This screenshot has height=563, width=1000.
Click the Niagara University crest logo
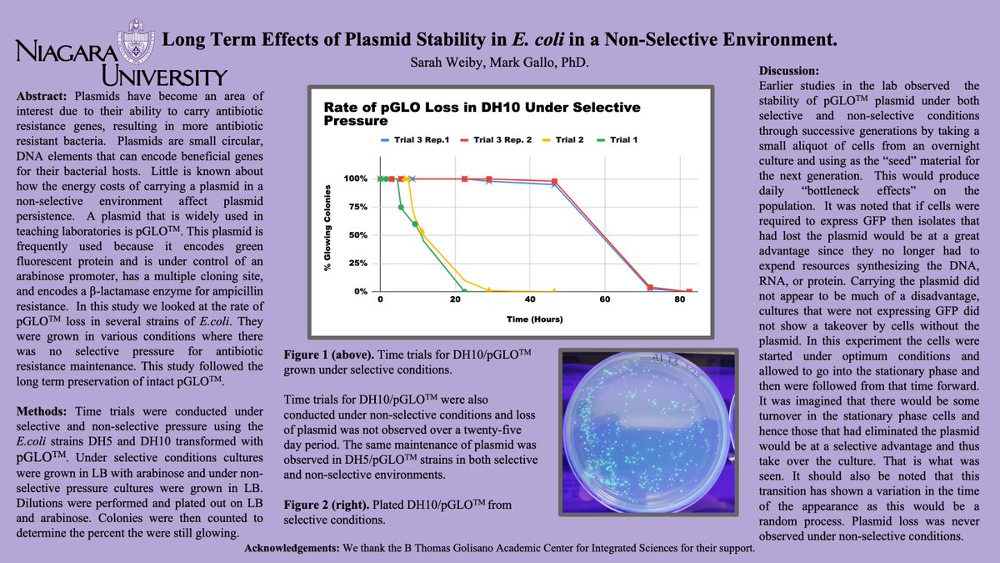[x=136, y=41]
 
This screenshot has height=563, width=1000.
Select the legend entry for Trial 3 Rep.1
[x=415, y=140]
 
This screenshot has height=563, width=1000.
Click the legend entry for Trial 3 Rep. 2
[x=496, y=140]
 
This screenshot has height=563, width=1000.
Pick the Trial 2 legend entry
[x=563, y=140]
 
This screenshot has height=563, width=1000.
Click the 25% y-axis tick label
[x=358, y=264]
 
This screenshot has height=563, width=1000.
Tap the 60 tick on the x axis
[x=605, y=299]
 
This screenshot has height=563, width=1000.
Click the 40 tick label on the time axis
[x=530, y=299]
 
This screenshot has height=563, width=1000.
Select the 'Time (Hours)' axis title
[x=534, y=319]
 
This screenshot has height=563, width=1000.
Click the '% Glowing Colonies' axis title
[x=327, y=228]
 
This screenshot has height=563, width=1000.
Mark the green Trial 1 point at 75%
[x=401, y=208]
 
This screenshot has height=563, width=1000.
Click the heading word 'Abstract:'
[x=42, y=97]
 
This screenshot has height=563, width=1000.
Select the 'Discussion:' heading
[x=789, y=71]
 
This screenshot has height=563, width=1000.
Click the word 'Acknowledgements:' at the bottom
[x=292, y=548]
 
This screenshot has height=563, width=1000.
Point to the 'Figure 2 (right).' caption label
[x=327, y=505]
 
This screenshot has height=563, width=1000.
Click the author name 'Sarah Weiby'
[x=447, y=62]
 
